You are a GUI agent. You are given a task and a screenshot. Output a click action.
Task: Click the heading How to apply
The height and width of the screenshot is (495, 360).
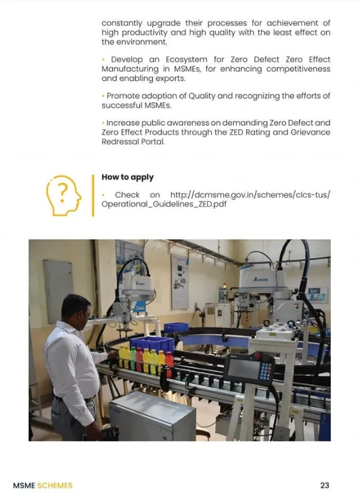[128, 177]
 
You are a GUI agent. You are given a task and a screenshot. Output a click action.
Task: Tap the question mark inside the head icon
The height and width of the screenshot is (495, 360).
[63, 192]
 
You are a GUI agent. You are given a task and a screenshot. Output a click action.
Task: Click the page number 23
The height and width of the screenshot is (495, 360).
[324, 486]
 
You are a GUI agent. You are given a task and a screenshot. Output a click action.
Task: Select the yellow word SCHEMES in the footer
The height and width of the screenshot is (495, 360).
[55, 486]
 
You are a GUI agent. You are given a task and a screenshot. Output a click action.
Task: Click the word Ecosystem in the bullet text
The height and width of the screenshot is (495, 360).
[186, 59]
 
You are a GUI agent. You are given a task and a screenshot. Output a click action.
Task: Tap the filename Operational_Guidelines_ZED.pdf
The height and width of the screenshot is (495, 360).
[164, 204]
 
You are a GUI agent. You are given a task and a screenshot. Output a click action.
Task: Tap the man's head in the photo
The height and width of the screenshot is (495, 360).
[75, 309]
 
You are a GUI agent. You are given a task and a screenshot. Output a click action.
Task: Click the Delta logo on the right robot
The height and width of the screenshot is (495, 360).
[260, 279]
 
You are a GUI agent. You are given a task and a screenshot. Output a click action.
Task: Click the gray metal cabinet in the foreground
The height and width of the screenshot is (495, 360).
[152, 415]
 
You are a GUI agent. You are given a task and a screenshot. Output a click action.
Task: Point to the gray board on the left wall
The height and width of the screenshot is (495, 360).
[58, 291]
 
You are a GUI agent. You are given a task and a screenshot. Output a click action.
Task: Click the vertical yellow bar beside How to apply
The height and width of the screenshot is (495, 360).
[93, 195]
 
